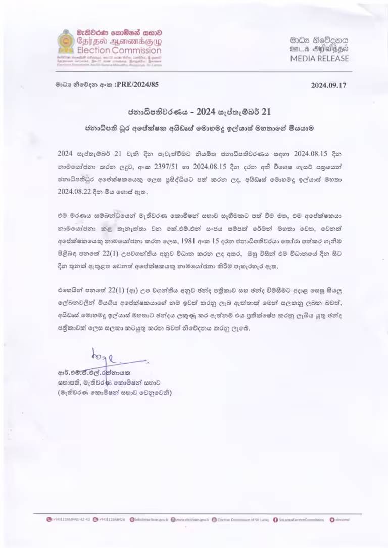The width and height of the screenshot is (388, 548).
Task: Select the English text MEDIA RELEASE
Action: pos(319,58)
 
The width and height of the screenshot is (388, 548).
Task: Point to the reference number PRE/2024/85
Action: pos(137,85)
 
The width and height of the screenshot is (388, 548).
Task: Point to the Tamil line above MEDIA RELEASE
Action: pos(319,49)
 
